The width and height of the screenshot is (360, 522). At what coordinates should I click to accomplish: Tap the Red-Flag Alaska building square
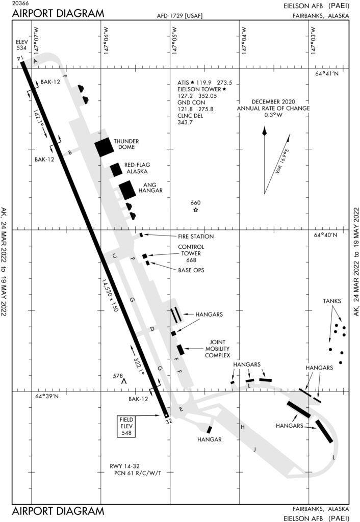(x=116, y=170)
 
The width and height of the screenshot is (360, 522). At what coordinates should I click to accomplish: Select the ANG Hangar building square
(x=127, y=190)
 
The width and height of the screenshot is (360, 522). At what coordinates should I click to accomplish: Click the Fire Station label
(x=195, y=237)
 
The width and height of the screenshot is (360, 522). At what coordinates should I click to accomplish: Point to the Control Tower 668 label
(x=190, y=253)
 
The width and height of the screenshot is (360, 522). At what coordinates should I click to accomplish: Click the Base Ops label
(x=191, y=270)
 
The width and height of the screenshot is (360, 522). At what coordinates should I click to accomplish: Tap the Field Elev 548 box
(x=127, y=426)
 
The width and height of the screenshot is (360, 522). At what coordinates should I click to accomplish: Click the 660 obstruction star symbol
(x=196, y=210)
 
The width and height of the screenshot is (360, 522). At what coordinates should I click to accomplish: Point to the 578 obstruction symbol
(x=123, y=380)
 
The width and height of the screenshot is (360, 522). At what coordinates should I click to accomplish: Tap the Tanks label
(x=332, y=301)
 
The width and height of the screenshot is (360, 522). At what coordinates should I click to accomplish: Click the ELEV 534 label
(x=21, y=44)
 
